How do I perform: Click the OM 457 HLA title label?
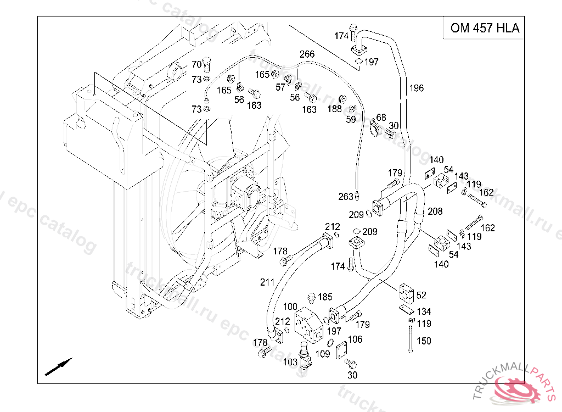(x=485, y=28)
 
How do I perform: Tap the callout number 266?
(x=307, y=54)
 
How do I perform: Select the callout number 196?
(x=416, y=88)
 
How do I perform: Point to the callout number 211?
(x=267, y=282)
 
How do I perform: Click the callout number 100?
(x=290, y=307)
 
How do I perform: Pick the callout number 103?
(x=290, y=362)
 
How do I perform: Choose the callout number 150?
(x=424, y=341)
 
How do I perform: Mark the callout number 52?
(x=421, y=296)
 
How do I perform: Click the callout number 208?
(x=435, y=211)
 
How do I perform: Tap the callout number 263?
(x=346, y=197)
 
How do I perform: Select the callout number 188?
(x=335, y=109)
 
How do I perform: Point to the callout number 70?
(x=196, y=65)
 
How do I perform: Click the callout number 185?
(x=325, y=297)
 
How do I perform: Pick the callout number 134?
(x=424, y=312)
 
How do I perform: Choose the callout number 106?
(x=356, y=339)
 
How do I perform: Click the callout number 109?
(x=323, y=354)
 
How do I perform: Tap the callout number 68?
(x=381, y=117)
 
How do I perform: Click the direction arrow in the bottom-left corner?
(x=58, y=366)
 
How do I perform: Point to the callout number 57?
(x=280, y=87)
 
